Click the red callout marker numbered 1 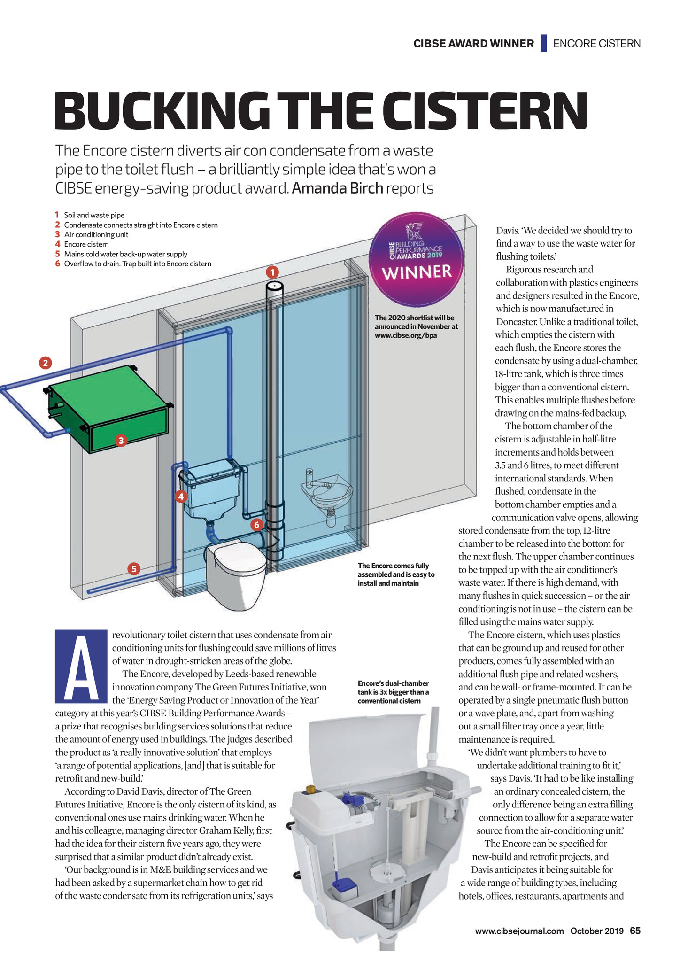[272, 272]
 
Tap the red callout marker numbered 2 [45, 363]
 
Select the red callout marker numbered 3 [121, 441]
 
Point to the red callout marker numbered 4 [181, 496]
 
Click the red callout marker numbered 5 [134, 569]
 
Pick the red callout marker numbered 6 [256, 525]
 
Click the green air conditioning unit [109, 409]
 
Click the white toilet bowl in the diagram [236, 575]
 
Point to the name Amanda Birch [338, 188]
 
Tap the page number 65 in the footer [635, 931]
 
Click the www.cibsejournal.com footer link [519, 931]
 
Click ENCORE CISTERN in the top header [597, 44]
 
